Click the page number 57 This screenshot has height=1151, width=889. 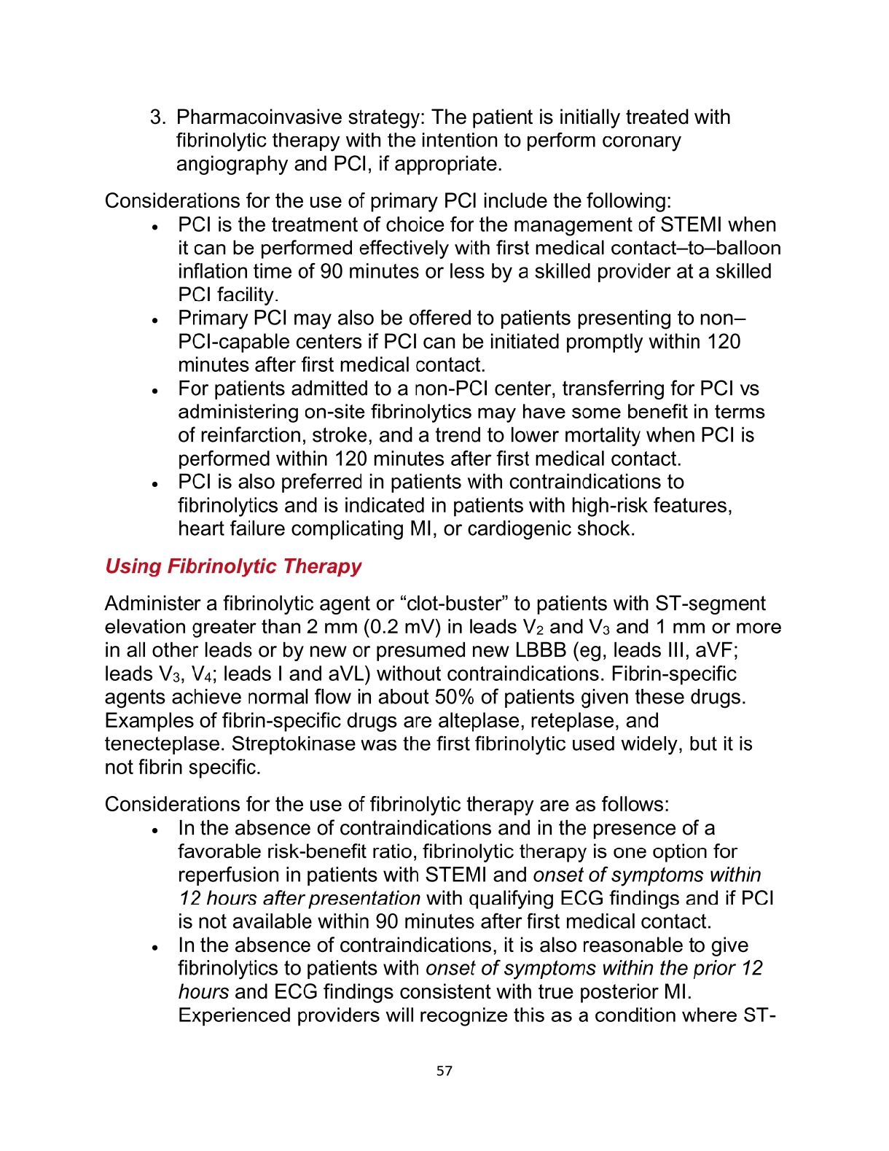[x=444, y=1071]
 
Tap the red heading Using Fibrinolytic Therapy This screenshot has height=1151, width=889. [x=233, y=566]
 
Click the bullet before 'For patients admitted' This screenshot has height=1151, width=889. [x=155, y=391]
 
